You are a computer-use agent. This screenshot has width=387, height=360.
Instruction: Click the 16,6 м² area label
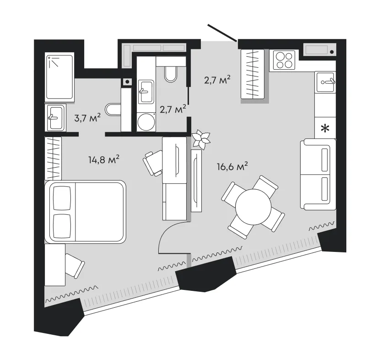pyautogui.click(x=232, y=167)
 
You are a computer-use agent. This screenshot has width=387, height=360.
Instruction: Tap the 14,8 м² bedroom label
pyautogui.click(x=104, y=159)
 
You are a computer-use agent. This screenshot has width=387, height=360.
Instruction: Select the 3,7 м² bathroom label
pyautogui.click(x=87, y=118)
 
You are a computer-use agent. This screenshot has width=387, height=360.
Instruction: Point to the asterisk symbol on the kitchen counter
pyautogui.click(x=325, y=128)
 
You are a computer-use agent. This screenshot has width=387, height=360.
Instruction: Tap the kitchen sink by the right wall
pyautogui.click(x=326, y=82)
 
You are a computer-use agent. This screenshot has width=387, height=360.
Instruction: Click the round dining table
pyautogui.click(x=253, y=207)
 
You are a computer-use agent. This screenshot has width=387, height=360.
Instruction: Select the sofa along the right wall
pyautogui.click(x=318, y=174)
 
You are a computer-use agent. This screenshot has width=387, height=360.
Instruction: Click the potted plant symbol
pyautogui.click(x=201, y=140)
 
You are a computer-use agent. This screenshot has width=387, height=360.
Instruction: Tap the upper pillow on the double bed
pyautogui.click(x=62, y=198)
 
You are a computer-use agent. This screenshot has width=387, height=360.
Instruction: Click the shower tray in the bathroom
pyautogui.click(x=59, y=77)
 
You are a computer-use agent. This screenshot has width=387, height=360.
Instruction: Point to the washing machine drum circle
pyautogui.click(x=145, y=123)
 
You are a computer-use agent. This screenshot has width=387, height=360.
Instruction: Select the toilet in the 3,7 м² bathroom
pyautogui.click(x=113, y=109)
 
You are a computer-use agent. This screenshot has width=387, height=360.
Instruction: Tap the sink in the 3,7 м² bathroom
pyautogui.click(x=55, y=117)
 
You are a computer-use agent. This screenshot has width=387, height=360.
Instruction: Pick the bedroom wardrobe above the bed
pyautogui.click(x=53, y=158)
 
